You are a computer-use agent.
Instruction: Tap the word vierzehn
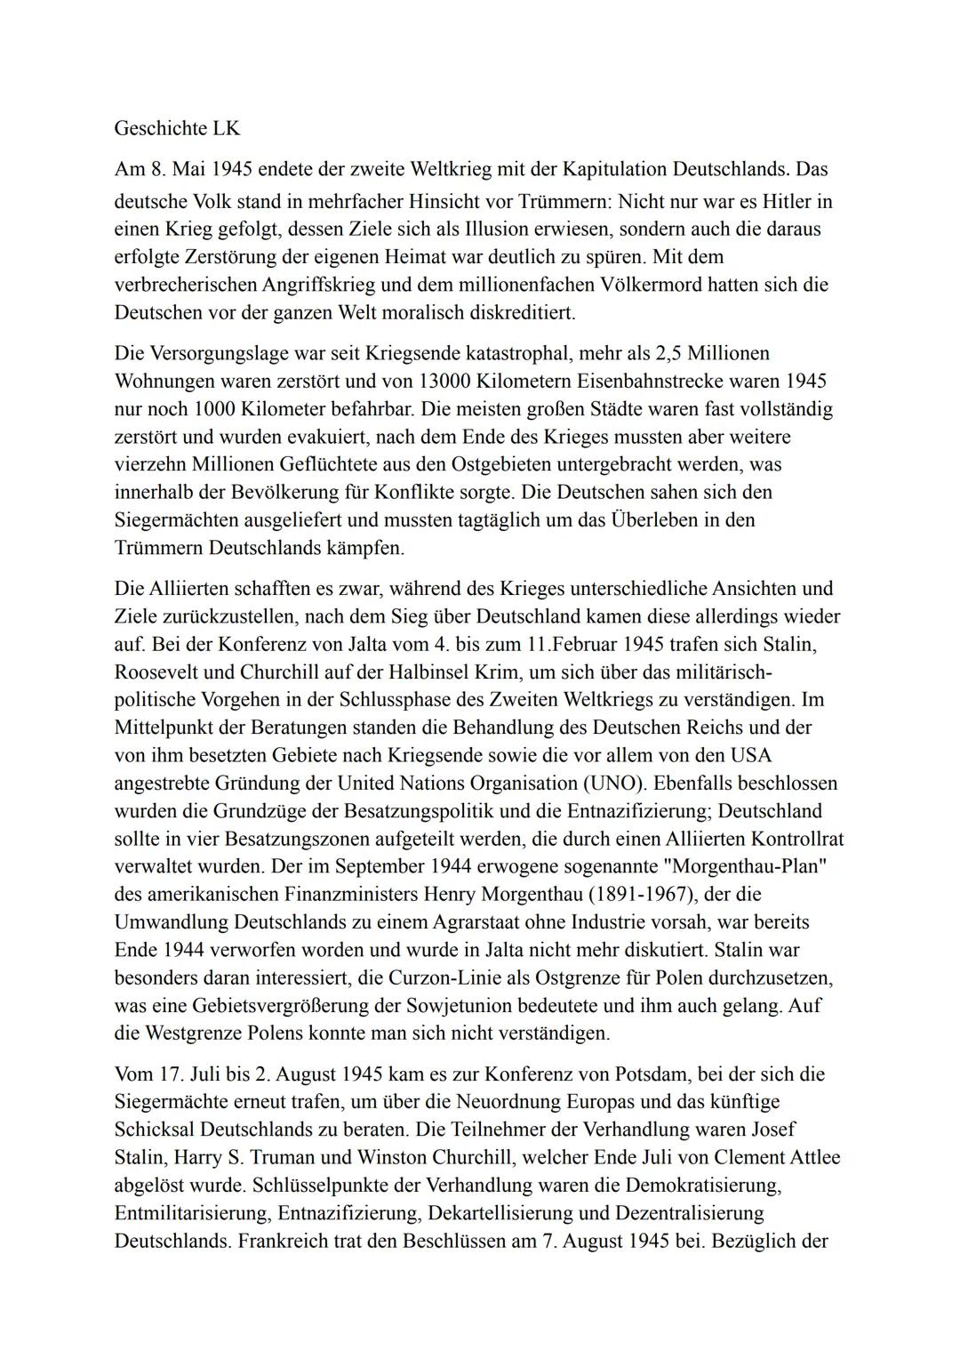[x=151, y=464]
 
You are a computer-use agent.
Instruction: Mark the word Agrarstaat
[x=434, y=922]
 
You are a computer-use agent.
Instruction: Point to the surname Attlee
[x=807, y=1157]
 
